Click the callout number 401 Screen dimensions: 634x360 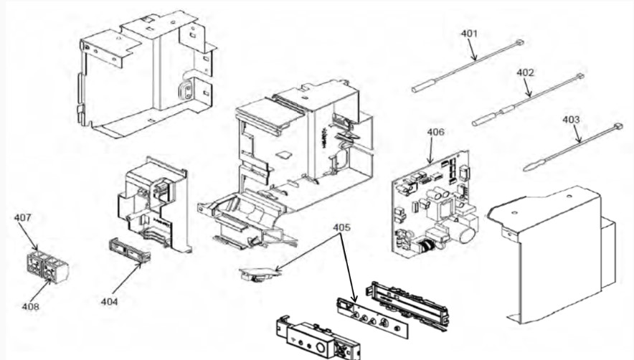click(469, 34)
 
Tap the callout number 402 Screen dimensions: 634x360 click(525, 72)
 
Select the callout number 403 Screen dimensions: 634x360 click(570, 120)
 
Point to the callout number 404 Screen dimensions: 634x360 click(109, 302)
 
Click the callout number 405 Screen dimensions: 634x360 click(341, 227)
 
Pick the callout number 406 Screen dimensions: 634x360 click(435, 132)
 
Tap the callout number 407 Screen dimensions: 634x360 click(23, 217)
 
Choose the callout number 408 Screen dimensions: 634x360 click(30, 307)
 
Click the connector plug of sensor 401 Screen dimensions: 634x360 click(519, 42)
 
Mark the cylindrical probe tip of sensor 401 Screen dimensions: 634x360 click(424, 86)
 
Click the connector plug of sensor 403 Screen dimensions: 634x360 click(618, 127)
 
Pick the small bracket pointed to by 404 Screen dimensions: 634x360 click(129, 250)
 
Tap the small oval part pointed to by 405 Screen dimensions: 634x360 click(260, 273)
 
